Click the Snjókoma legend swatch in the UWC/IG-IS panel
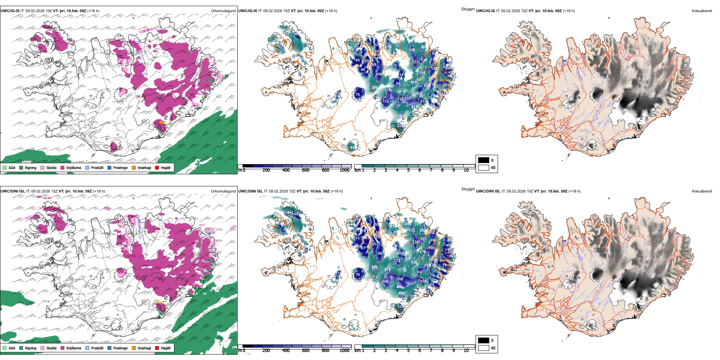tap(63, 167)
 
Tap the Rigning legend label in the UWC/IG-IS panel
tap(31, 168)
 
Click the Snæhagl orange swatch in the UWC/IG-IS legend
tap(134, 167)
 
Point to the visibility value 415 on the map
tap(413, 82)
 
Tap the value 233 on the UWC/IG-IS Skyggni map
tap(407, 99)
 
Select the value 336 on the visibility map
tap(414, 262)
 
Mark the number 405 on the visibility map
tap(401, 293)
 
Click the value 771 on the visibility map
tap(417, 225)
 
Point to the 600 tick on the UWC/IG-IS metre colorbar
tap(306, 170)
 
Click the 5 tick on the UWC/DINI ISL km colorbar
tap(409, 351)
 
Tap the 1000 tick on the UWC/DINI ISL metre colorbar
tap(344, 351)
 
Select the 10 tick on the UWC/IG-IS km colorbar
tap(466, 170)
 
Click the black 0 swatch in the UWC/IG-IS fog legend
tap(484, 160)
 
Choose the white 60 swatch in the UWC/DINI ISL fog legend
tap(484, 348)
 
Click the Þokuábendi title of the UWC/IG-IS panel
tap(702, 11)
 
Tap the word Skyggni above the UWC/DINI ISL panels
tap(468, 189)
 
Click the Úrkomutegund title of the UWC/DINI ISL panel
tap(223, 191)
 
